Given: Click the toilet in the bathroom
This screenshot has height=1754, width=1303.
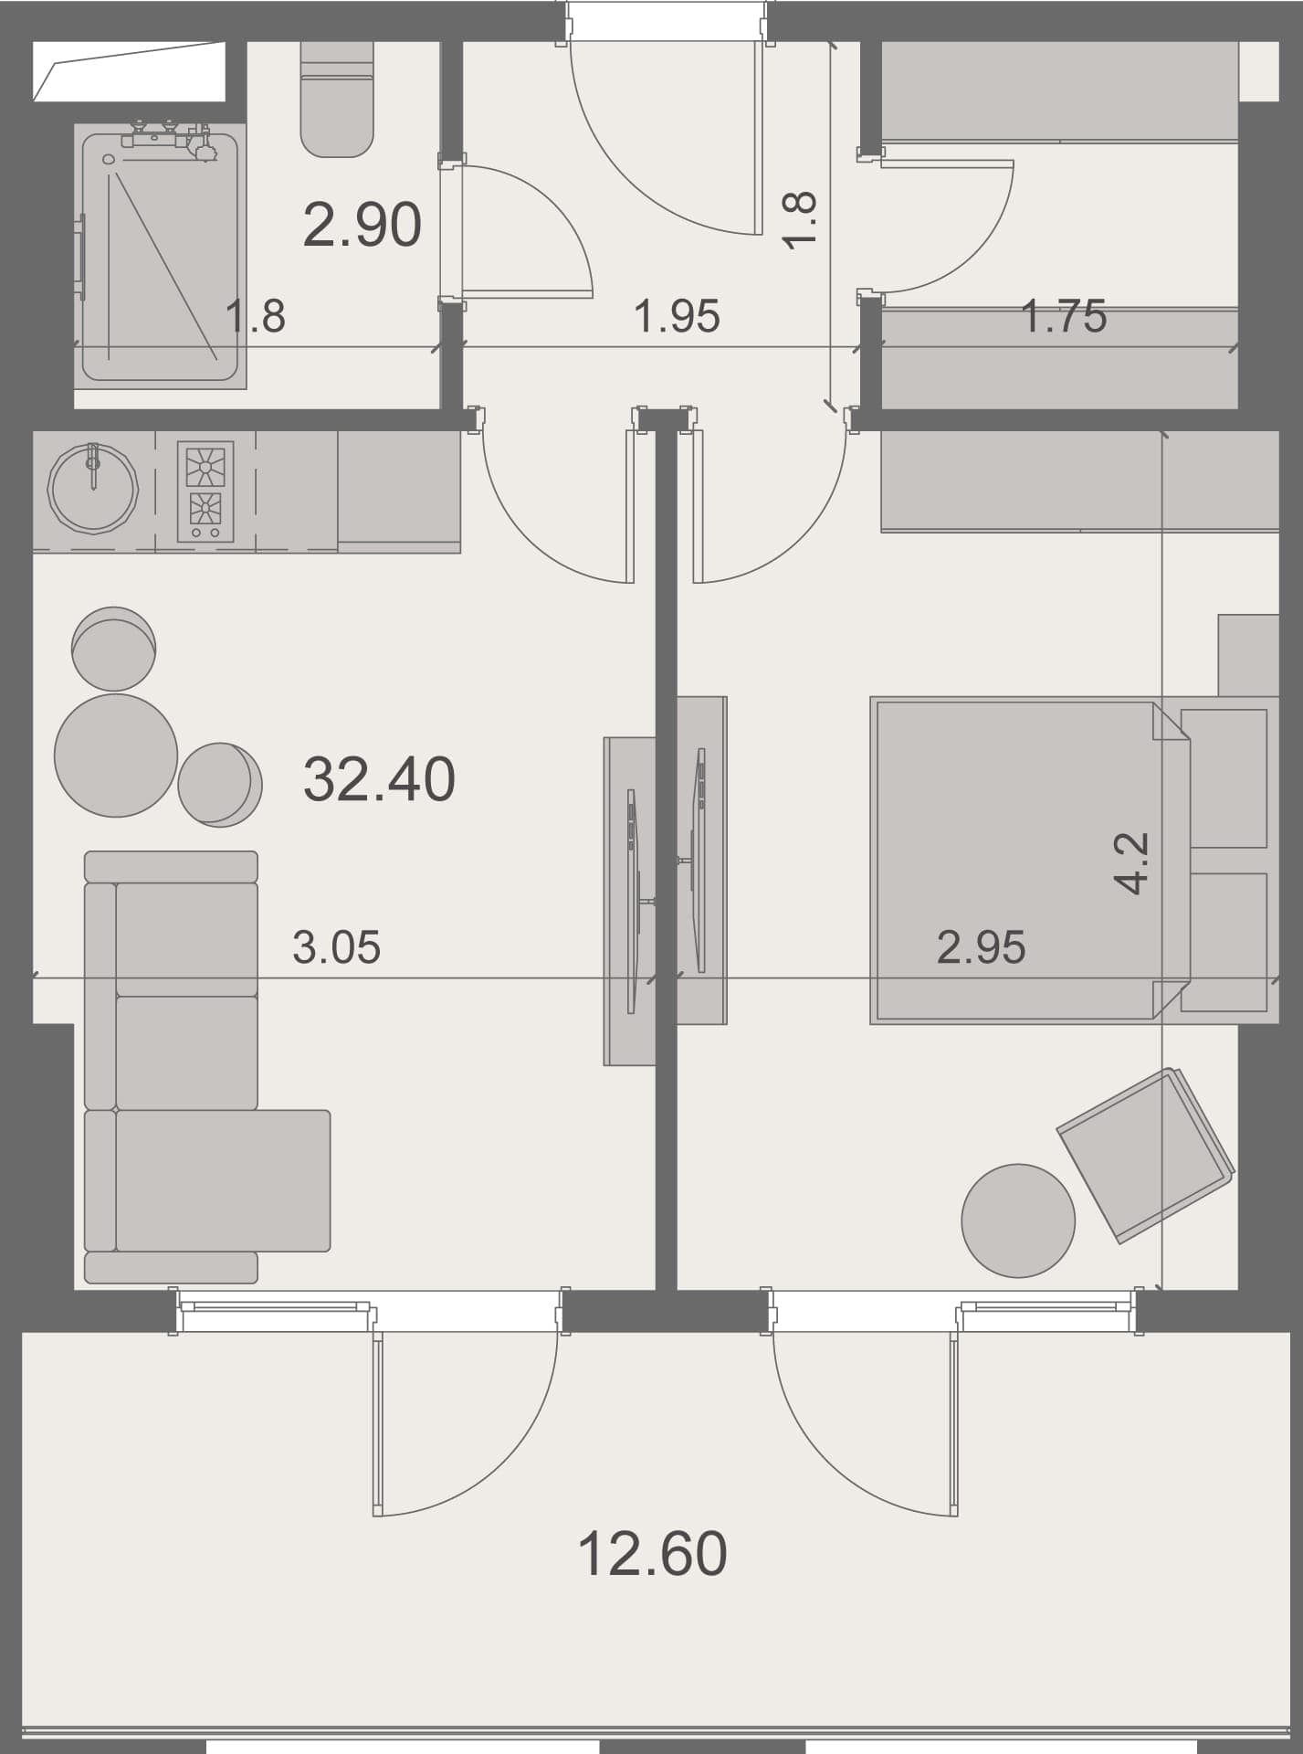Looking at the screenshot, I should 337,100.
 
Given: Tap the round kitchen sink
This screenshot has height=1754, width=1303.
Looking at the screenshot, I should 93,489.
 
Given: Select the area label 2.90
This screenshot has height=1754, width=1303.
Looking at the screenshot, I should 362,225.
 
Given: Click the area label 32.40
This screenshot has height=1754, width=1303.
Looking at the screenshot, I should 379,779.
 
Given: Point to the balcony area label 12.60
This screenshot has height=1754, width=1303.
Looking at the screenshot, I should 652,1553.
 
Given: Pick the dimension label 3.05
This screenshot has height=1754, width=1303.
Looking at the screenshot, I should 336,947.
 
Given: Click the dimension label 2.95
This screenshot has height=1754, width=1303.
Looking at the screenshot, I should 981,947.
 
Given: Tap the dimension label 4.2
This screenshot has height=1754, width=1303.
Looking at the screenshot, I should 1131,862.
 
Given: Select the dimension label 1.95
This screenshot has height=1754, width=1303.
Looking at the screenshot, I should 677,316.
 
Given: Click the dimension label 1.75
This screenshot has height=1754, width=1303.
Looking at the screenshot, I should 1063,316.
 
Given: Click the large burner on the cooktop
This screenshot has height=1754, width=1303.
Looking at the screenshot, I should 205,466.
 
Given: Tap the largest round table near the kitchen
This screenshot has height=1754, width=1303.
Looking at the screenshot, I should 116,755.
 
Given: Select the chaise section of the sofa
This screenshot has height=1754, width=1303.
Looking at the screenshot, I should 223,1179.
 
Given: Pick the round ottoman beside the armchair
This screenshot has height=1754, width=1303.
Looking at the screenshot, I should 1018,1220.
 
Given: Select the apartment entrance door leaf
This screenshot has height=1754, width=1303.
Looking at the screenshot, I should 758,137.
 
